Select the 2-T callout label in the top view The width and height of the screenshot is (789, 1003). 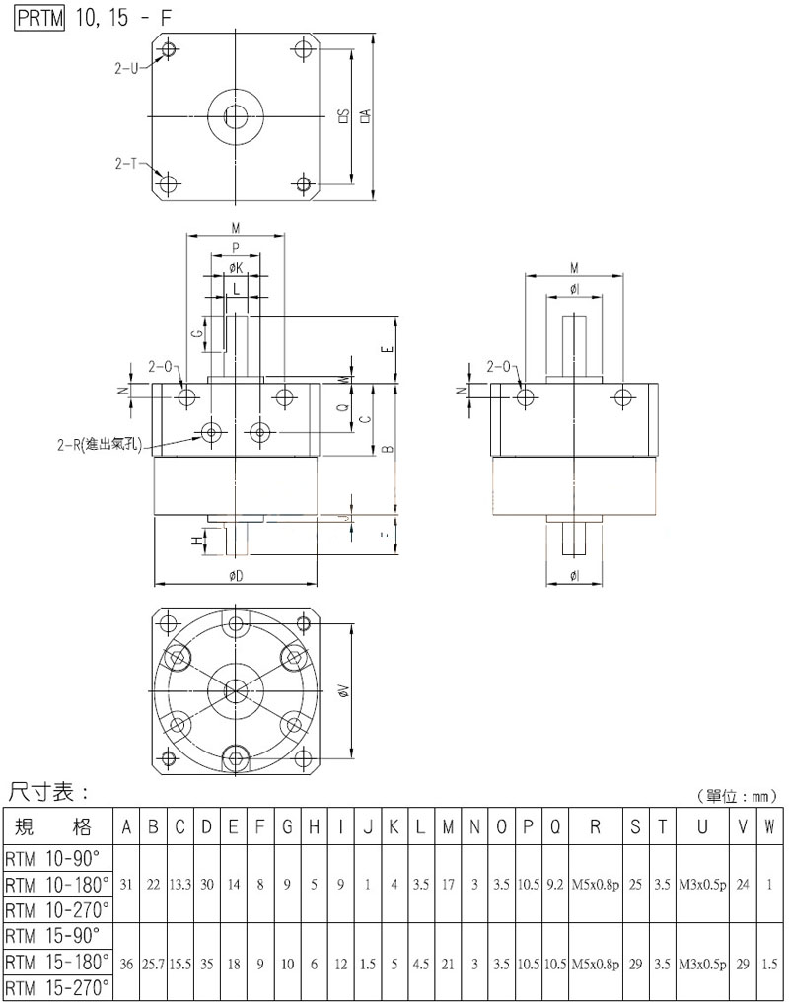pos(126,163)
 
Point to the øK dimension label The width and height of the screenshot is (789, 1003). pos(236,267)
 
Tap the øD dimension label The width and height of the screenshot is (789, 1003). pos(235,575)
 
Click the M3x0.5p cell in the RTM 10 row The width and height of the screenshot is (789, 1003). pos(702,885)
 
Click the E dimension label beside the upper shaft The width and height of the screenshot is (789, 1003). pos(390,349)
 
